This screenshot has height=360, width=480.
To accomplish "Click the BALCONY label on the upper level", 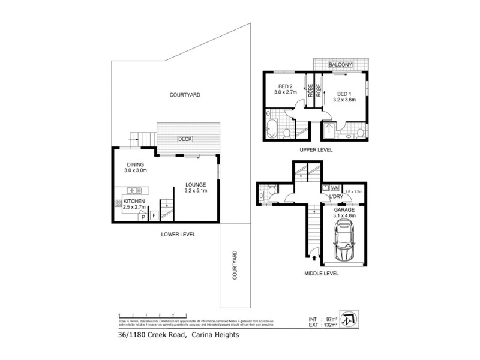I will point(340,65).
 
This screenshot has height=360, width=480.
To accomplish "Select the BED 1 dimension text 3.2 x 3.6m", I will point(344,100).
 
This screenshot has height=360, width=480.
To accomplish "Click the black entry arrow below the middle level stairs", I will point(314,257).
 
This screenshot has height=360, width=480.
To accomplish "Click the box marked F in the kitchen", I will point(154,214).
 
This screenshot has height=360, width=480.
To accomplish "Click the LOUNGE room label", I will point(196,184).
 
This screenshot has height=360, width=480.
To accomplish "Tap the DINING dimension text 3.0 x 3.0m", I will point(136,171).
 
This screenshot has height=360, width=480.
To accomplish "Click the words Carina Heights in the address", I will point(215,335).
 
